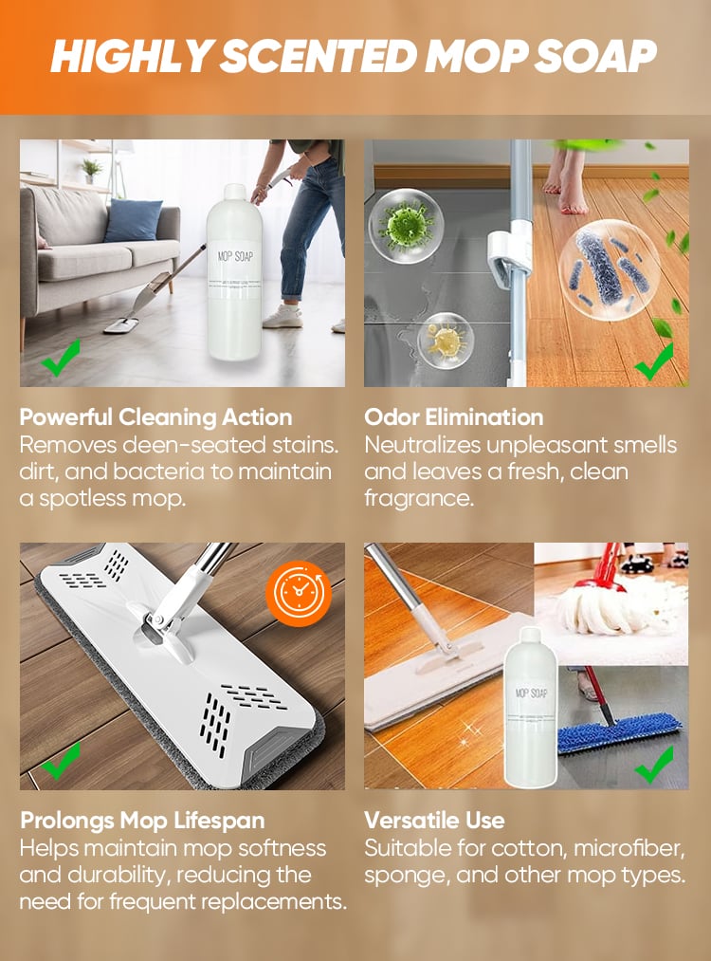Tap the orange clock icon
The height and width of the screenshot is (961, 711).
point(299,593)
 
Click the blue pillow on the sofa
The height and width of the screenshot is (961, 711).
point(134,221)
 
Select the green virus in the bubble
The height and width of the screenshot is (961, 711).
point(406,225)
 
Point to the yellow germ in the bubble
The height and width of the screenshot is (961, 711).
point(446,341)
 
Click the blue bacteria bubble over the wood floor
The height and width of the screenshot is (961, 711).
point(610,269)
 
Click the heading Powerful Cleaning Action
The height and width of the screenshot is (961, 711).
point(155,417)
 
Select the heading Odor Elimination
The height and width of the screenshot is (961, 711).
point(454,417)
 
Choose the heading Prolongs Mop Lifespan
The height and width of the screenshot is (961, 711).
point(143,820)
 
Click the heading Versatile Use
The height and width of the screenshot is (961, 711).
point(434,820)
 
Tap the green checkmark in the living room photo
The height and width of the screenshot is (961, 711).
point(61,358)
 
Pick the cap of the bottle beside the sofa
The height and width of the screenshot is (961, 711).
point(234,192)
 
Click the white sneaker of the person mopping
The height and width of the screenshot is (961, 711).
point(283,317)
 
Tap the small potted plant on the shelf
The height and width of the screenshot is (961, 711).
point(92,171)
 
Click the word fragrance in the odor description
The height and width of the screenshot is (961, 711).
point(419,498)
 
